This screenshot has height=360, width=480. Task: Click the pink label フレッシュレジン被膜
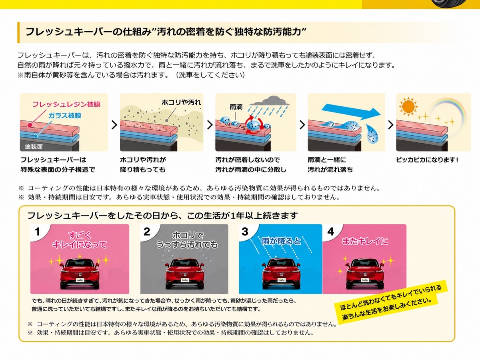pos(66,104)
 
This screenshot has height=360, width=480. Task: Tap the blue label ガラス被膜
pos(65,116)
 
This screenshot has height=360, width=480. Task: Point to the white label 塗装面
pos(34,146)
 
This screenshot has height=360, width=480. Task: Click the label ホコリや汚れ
pos(181,102)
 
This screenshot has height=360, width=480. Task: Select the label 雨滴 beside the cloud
pos(236,107)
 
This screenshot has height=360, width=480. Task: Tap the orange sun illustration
pos(408,107)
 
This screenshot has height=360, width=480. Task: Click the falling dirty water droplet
pos(372,134)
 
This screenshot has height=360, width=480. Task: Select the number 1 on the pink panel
pos(38,232)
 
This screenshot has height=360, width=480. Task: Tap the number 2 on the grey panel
pos(147,232)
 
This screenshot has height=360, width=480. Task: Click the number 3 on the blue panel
pos(245,232)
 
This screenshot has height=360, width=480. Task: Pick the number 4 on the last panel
pos(331,232)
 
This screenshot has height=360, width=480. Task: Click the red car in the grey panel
pos(185,274)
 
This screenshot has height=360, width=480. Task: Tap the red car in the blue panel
pos(281,274)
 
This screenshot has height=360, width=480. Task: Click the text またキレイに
pos(365,241)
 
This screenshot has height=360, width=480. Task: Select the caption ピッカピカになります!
pos(427,160)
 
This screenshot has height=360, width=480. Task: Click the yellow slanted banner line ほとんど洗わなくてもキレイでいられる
pos(391,298)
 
